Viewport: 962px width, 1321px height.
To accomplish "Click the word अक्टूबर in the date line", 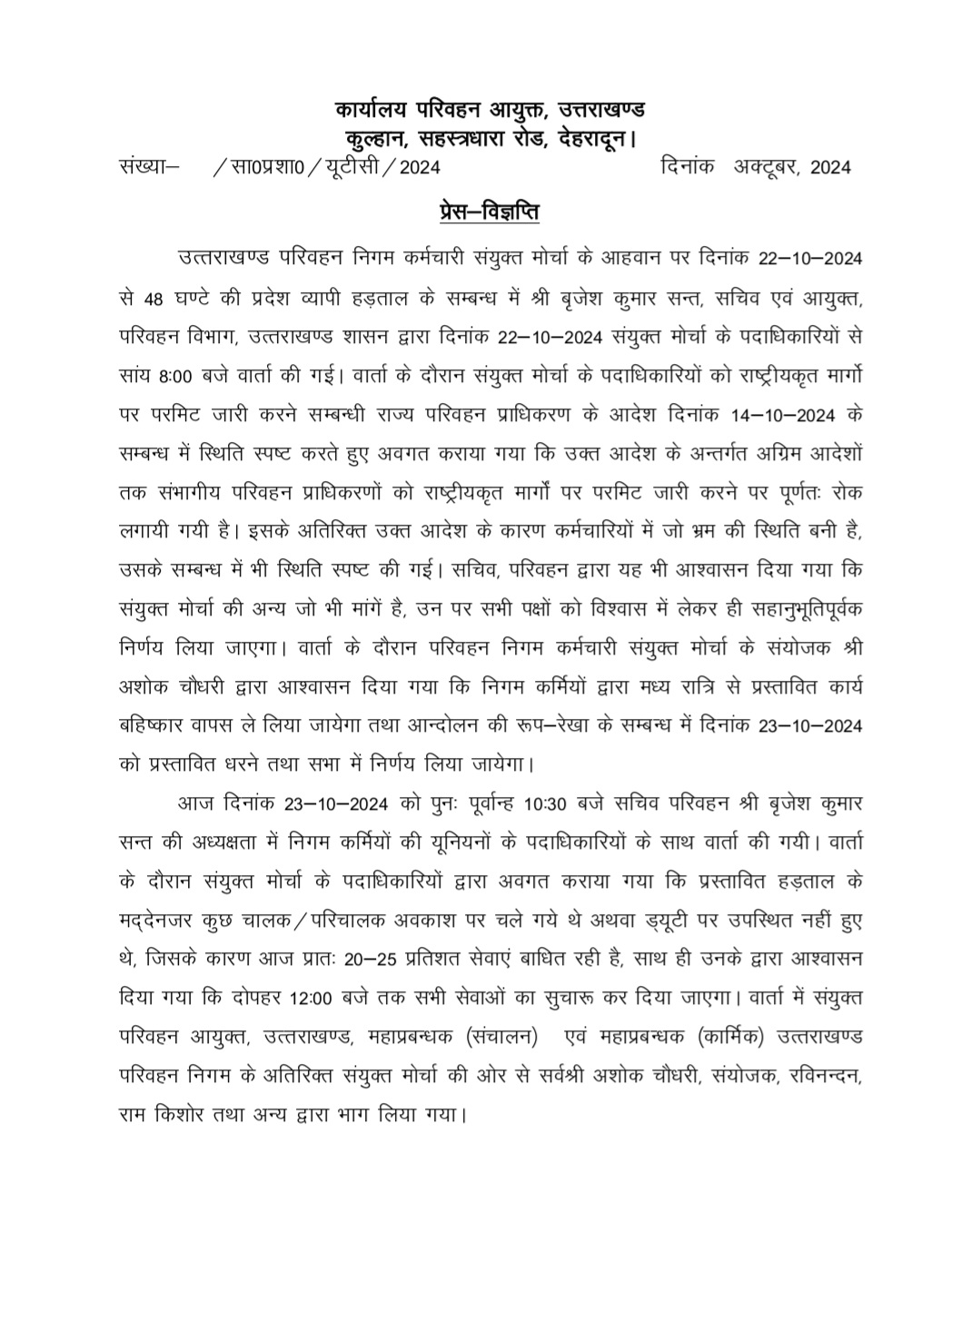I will (x=766, y=167).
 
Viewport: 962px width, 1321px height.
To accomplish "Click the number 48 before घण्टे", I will (x=154, y=297).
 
